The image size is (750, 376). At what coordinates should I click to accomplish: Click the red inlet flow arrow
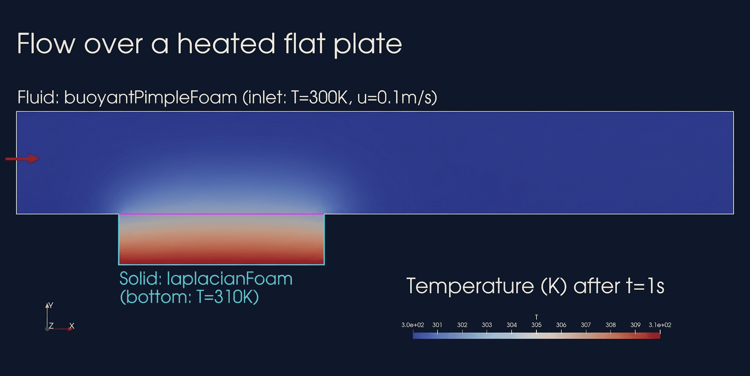coord(22,158)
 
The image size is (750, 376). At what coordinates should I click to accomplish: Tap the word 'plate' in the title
coord(368,45)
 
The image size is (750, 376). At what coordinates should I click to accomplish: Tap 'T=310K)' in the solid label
coord(228,297)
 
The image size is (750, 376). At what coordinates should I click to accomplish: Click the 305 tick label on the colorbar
coord(536,325)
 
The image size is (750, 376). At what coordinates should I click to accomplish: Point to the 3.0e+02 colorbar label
coord(413,325)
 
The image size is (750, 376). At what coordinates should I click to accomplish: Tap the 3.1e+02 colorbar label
coord(660,325)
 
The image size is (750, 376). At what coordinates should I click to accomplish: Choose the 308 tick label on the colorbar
coord(611,325)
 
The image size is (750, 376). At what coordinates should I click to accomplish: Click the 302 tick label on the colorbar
coord(462,325)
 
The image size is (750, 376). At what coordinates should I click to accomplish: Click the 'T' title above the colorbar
coord(536,317)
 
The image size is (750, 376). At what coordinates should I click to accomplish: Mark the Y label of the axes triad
coord(51,305)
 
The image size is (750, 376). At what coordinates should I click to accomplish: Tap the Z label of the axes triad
coord(51,325)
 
